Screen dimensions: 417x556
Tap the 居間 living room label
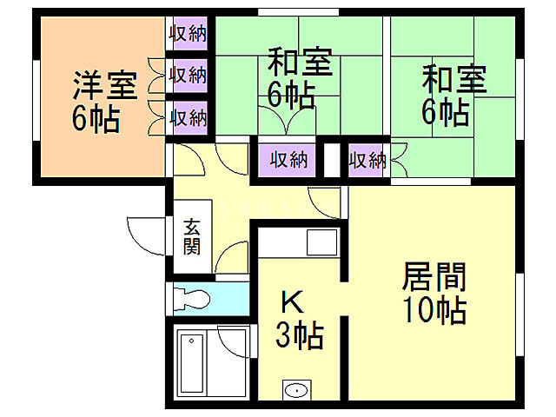tap(434, 277)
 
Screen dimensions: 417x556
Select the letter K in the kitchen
tap(291, 301)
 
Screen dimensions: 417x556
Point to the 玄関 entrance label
tap(192, 235)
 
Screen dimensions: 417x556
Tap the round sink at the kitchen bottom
tap(296, 390)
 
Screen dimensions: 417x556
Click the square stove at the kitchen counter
tap(321, 241)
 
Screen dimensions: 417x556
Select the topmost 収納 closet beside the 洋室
tap(188, 35)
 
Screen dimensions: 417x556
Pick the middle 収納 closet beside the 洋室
tap(188, 75)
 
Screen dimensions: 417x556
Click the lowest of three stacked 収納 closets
tap(188, 116)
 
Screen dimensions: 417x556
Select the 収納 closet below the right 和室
tap(367, 160)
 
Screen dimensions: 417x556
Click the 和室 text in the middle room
tap(300, 63)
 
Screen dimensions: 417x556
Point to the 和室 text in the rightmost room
tap(454, 80)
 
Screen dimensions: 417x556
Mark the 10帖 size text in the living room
tap(434, 309)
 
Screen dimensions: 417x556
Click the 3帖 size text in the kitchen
tap(300, 334)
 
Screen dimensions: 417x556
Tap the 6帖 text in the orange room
tap(96, 119)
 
